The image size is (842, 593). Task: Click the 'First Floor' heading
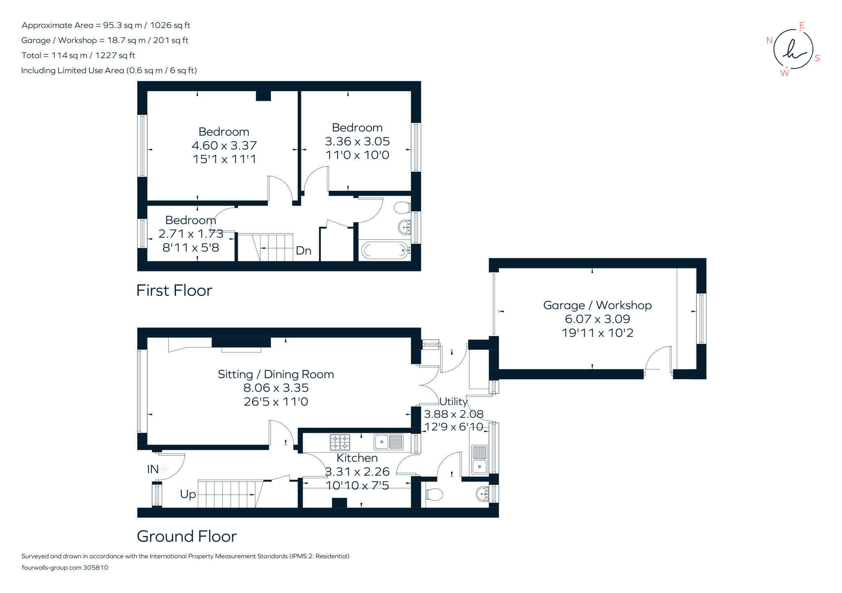[x=174, y=291]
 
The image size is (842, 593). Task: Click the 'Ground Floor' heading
[x=187, y=536]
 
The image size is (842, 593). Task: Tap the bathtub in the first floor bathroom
[x=385, y=250]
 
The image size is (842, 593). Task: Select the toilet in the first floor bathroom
[x=402, y=208]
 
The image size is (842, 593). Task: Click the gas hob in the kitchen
[x=340, y=442]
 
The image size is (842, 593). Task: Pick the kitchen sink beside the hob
[x=389, y=442]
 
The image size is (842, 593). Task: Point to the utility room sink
[x=479, y=460]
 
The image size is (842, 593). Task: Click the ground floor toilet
[x=433, y=494]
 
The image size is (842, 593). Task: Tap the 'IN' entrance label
[x=153, y=469]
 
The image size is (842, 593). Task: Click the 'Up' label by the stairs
[x=188, y=494]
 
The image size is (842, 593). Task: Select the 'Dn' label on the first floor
[x=303, y=250]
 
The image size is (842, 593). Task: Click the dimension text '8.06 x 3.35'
[x=276, y=388]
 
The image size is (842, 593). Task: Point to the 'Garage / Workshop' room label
[x=597, y=305]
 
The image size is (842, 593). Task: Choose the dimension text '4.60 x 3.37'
[x=224, y=145]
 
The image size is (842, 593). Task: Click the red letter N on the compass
[x=770, y=40]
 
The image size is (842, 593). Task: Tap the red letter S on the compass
[x=817, y=58]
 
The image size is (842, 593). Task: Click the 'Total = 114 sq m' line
[x=78, y=56]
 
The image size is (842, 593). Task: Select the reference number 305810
[x=96, y=568]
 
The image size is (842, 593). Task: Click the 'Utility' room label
[x=453, y=401]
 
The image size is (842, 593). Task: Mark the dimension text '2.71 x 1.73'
[x=191, y=234]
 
